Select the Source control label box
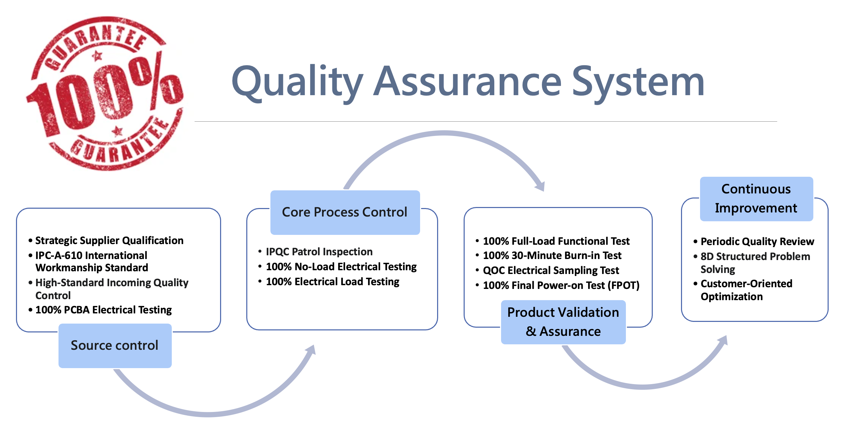115,345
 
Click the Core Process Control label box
345,212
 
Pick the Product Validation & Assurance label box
563,322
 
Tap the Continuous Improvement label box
756,199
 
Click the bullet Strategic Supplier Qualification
109,240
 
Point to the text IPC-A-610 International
91,255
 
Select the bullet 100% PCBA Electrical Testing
103,310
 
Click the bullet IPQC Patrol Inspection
319,252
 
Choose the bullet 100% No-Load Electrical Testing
341,266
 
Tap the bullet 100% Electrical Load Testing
332,281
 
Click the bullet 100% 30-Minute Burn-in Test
552,255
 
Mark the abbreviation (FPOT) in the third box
624,285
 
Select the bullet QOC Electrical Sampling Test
551,270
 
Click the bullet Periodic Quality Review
757,241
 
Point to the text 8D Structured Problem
755,256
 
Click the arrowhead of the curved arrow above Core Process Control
541,186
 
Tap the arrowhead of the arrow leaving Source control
311,350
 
